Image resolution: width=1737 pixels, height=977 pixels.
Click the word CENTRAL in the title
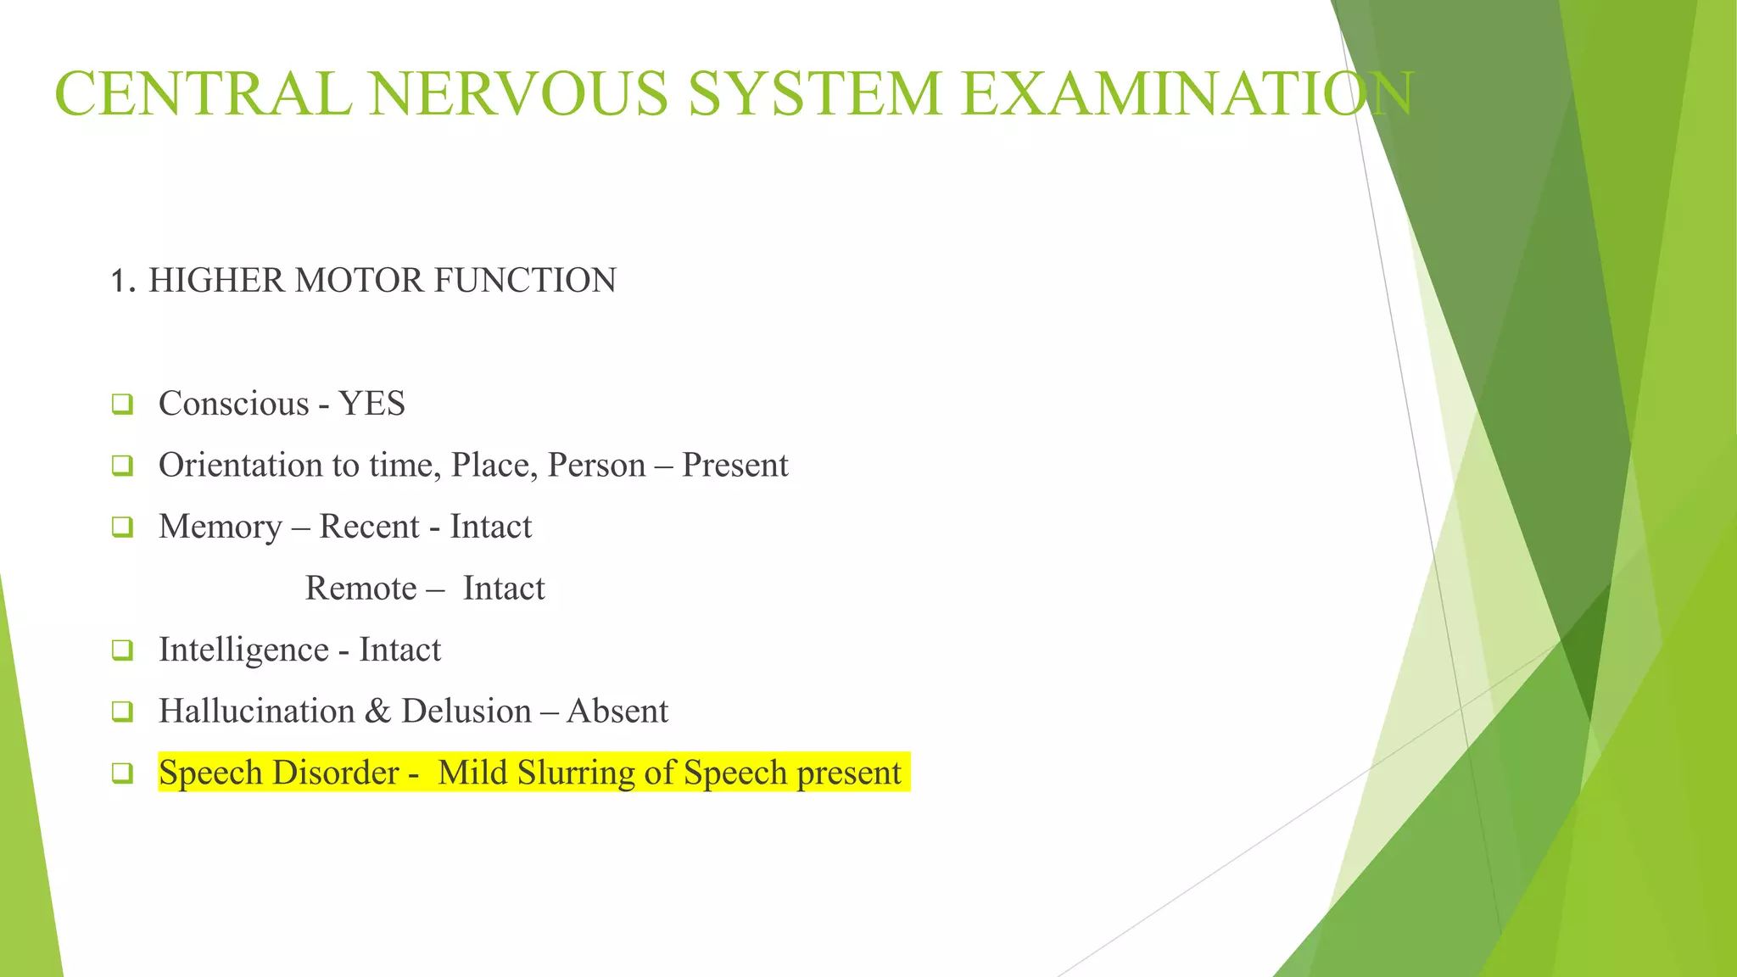point(203,93)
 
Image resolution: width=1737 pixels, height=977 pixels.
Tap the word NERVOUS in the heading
point(518,93)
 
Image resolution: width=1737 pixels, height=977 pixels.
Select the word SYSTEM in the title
point(815,93)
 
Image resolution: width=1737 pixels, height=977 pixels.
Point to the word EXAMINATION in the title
point(1187,93)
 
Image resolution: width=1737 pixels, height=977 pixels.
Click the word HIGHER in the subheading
point(216,281)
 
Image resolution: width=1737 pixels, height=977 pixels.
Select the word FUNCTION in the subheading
point(525,281)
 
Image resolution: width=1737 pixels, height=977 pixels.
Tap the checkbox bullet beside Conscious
point(122,405)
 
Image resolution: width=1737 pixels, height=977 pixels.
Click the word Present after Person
point(734,465)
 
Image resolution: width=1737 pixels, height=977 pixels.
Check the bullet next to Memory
point(122,528)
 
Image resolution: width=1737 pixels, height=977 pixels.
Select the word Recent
point(369,527)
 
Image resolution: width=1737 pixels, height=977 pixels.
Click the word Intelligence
point(243,650)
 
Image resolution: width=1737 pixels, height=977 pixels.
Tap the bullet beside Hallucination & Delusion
point(122,712)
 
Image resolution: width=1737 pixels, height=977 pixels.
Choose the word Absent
point(617,711)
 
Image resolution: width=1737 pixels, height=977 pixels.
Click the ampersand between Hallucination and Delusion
point(378,711)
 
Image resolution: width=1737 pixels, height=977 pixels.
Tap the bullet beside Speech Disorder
point(122,773)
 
